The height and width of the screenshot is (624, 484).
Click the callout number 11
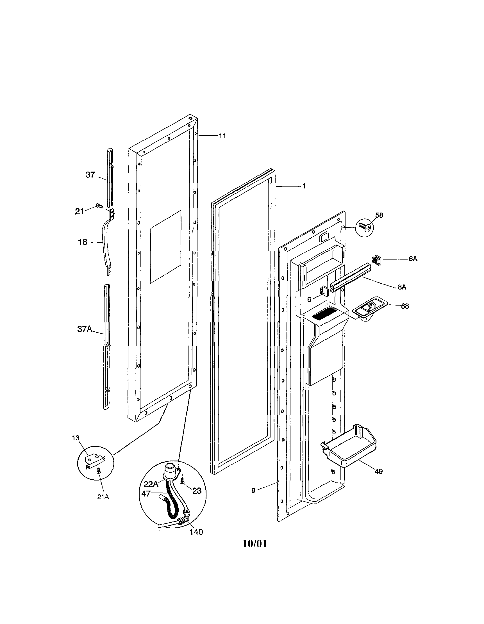coord(222,136)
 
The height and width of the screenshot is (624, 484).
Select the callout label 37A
coord(85,329)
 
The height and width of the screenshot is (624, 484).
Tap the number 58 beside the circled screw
coord(379,215)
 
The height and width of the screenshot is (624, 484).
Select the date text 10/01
coord(255,544)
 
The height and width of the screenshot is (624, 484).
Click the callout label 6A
coord(413,259)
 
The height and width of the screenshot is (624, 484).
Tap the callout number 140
coord(196,532)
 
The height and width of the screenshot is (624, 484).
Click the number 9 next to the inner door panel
coord(253,491)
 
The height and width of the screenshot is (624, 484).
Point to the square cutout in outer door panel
coord(166,247)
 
